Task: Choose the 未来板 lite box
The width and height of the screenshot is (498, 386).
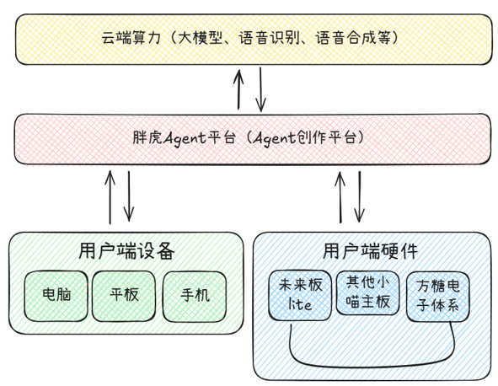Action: coord(298,295)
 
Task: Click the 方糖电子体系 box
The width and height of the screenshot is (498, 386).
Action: coord(436,297)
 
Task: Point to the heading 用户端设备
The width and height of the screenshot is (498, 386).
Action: coord(126,250)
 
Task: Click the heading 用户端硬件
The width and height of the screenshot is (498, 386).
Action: coord(371,250)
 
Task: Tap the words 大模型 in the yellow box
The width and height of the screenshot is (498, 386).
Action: coord(199,38)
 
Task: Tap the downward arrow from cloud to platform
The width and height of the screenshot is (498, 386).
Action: coord(261,88)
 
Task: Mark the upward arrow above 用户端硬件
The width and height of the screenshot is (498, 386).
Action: coord(340,196)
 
